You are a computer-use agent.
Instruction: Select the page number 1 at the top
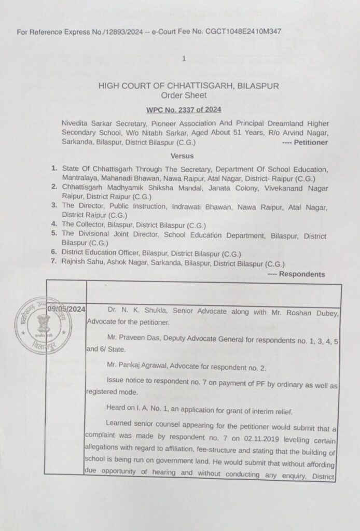pos(184,59)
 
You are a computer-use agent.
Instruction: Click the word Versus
pos(182,156)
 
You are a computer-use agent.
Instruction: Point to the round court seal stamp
pos(37,323)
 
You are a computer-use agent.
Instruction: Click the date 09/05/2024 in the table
pos(66,309)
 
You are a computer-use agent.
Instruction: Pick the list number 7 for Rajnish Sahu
pos(53,264)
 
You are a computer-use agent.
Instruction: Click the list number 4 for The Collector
pos(53,225)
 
